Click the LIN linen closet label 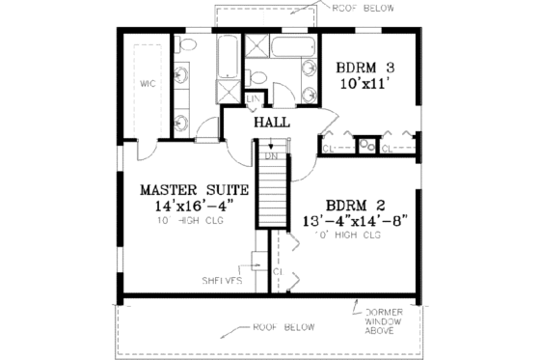point(254,98)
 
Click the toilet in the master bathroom point(186,44)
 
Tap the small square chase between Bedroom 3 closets point(366,147)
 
